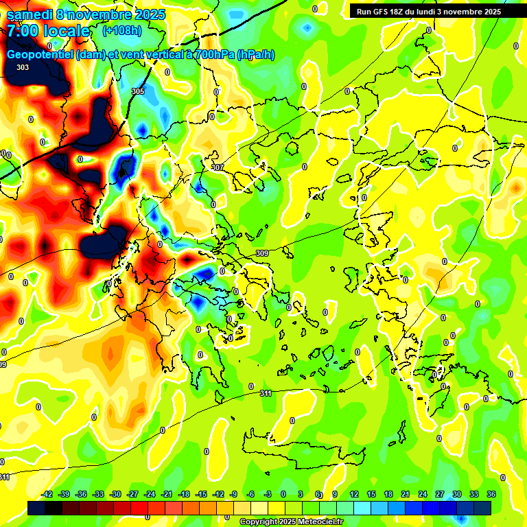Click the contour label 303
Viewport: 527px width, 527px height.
click(x=23, y=67)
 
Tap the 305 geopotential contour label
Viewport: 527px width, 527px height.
click(x=138, y=91)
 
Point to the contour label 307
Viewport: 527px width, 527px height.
click(x=218, y=167)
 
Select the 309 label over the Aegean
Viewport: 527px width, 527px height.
click(x=261, y=254)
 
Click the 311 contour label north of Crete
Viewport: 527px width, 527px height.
click(x=266, y=393)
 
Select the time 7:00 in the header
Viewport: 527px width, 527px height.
click(x=24, y=31)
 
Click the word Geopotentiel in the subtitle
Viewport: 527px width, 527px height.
click(x=40, y=55)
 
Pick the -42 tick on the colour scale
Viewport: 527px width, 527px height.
click(x=47, y=495)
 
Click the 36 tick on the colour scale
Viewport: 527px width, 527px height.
click(x=491, y=495)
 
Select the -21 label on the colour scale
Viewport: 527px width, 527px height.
click(x=167, y=495)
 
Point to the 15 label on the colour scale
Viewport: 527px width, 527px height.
click(x=371, y=495)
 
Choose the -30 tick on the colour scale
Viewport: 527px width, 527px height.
click(x=115, y=495)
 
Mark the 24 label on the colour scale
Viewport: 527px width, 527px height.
click(x=423, y=495)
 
